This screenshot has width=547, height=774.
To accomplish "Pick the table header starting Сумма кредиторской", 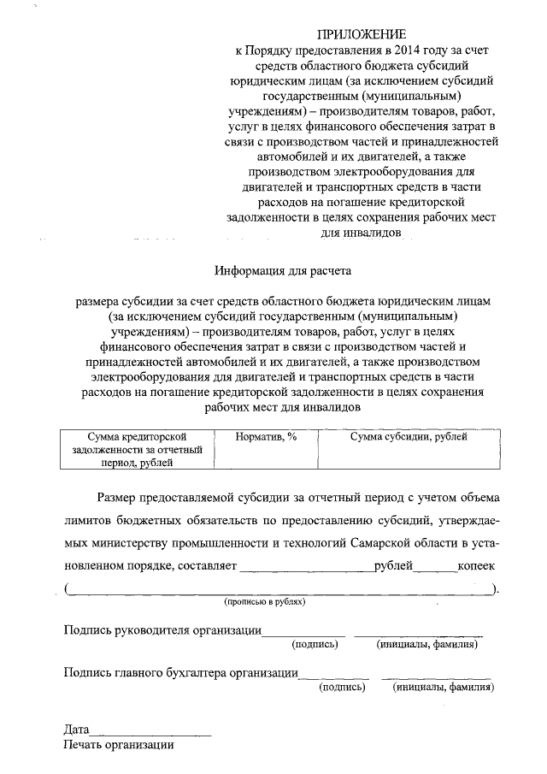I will (137, 449).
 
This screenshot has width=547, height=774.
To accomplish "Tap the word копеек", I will (478, 567).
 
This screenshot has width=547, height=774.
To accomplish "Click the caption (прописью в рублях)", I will (265, 602).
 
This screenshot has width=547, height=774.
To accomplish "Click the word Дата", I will (76, 730).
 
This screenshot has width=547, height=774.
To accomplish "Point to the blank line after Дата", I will (150, 733).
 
